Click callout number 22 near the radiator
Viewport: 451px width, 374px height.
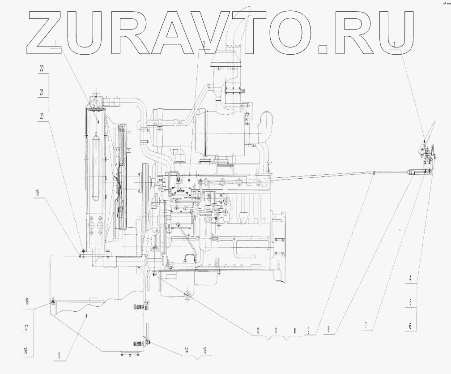[x=42, y=69]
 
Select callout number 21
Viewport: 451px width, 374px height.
[x=42, y=92]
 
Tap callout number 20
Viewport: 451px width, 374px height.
[x=42, y=115]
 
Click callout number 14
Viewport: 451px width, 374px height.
[x=187, y=350]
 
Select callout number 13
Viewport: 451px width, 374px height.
[x=205, y=350]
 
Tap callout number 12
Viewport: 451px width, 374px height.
[x=258, y=331]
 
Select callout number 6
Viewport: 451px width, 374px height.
[x=410, y=326]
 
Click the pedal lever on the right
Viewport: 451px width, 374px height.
[x=428, y=134]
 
